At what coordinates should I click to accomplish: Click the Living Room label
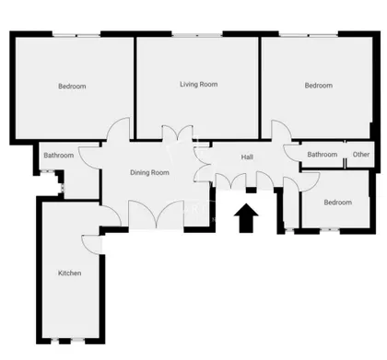[199, 85]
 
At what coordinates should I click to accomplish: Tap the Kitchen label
[70, 273]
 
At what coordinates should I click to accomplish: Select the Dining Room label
[149, 173]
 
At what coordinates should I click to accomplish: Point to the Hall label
[247, 157]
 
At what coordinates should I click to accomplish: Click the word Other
[361, 155]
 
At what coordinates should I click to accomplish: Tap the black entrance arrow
[246, 217]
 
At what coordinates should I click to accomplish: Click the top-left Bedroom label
[72, 87]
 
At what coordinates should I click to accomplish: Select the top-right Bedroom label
[319, 86]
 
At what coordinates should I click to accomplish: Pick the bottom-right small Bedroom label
[338, 203]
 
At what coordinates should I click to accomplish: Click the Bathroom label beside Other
[322, 155]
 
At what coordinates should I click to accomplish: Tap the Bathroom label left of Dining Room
[59, 156]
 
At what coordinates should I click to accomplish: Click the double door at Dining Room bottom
[157, 215]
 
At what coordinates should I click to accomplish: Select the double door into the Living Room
[178, 133]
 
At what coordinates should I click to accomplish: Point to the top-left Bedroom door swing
[118, 129]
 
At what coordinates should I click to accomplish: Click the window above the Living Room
[197, 35]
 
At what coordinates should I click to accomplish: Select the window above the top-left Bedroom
[76, 35]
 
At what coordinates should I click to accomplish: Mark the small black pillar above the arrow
[251, 191]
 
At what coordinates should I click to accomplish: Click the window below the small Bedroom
[330, 229]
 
